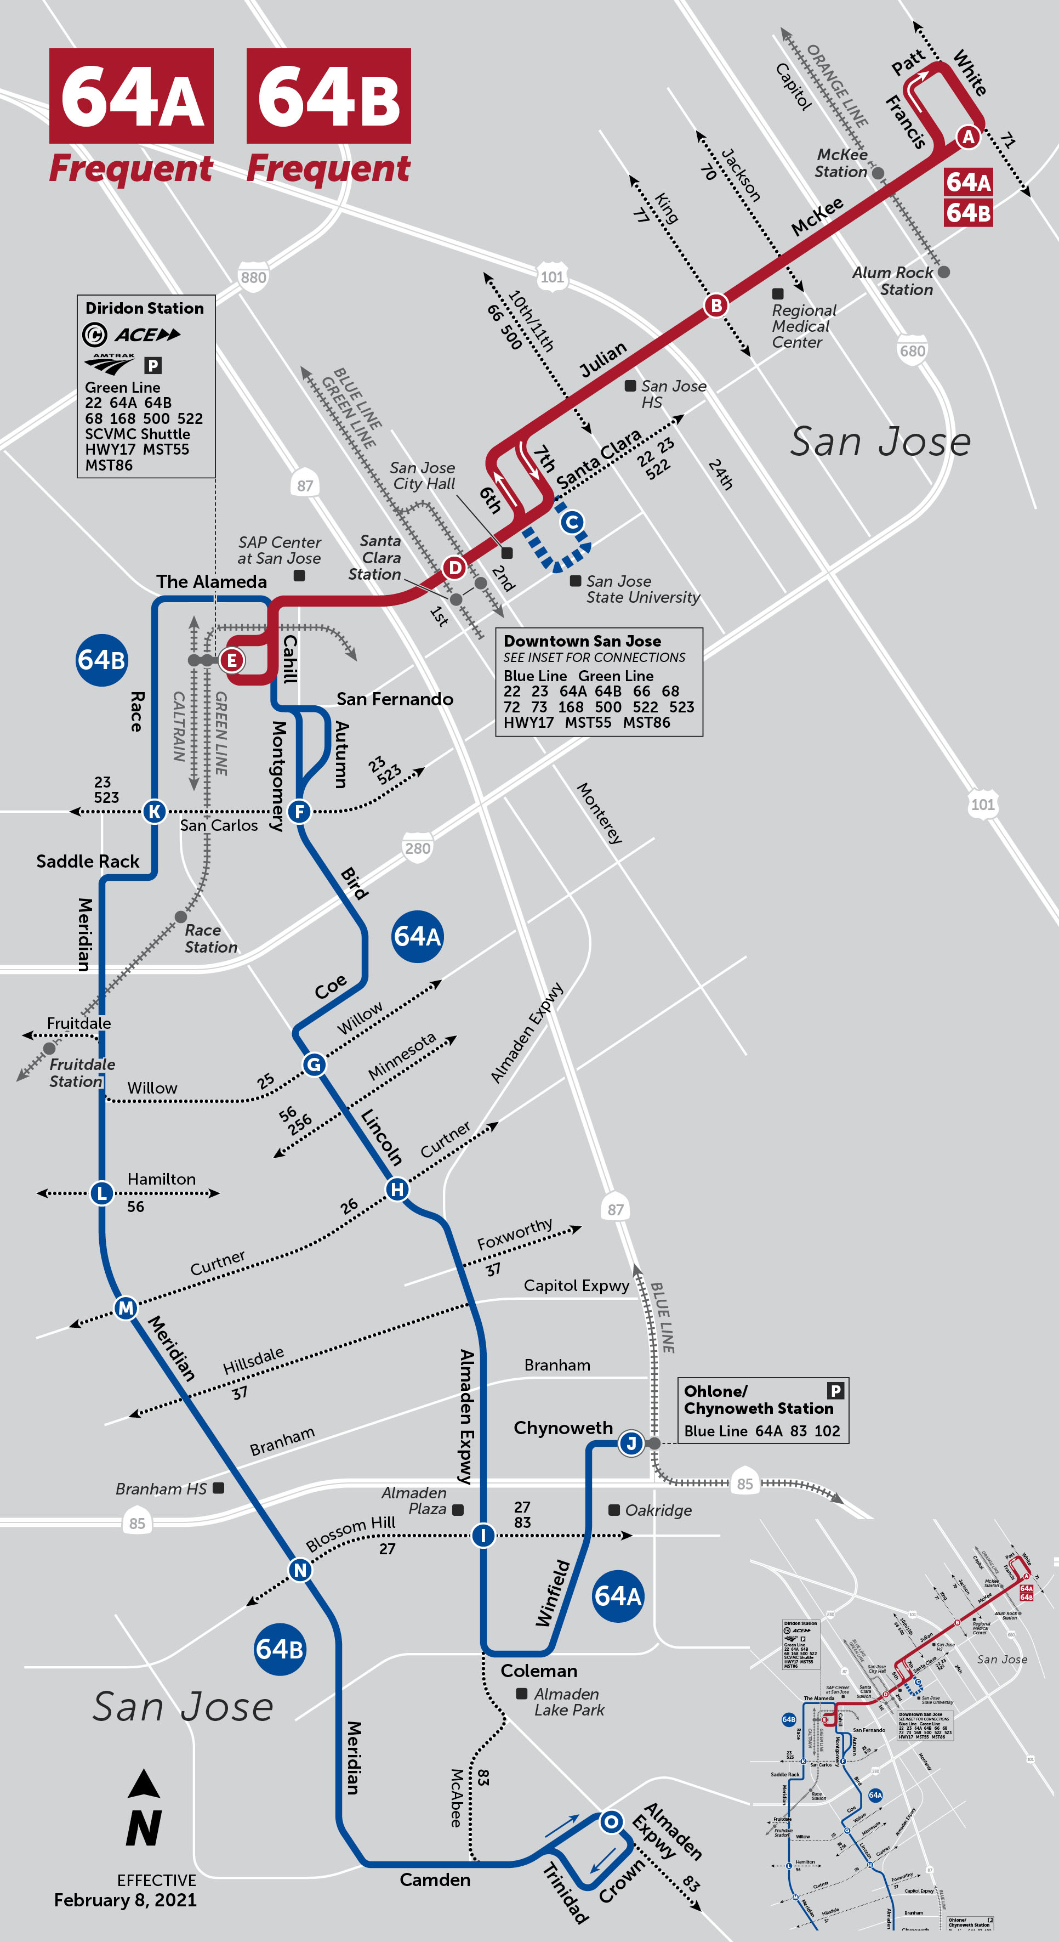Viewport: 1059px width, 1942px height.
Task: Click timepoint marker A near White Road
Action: [968, 137]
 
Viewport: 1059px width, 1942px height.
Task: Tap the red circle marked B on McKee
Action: [716, 305]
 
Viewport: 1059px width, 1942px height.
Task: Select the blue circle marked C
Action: [572, 522]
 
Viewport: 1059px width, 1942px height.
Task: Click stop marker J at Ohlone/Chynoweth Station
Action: [631, 1443]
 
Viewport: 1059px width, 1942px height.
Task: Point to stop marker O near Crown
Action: [611, 1821]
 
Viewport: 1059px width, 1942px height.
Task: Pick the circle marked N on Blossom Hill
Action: [300, 1570]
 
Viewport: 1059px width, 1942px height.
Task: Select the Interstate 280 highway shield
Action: [418, 848]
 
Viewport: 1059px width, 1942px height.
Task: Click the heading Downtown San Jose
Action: [582, 641]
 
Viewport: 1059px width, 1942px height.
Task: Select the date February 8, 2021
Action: [125, 1900]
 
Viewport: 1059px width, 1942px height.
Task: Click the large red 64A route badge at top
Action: [131, 96]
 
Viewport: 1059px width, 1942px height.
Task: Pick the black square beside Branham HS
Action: [219, 1487]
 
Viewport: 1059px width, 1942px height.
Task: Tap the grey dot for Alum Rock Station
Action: [944, 271]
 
